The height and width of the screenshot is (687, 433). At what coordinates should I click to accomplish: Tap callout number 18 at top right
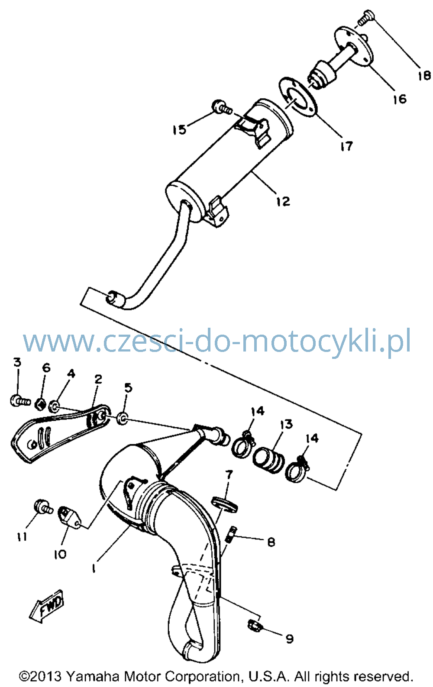pos(424,75)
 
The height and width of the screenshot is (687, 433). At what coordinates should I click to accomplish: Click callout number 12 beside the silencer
pos(283,201)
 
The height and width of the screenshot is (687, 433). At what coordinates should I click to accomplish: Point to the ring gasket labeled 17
pos(297,97)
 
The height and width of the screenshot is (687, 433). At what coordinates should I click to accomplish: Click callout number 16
pos(400,99)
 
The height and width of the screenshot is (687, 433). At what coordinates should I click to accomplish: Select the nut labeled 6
pos(40,404)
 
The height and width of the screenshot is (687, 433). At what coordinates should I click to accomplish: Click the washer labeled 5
pos(123,419)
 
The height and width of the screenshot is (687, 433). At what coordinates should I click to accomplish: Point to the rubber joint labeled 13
pos(268,460)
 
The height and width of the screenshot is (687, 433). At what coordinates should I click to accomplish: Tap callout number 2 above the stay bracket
pos(98,380)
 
